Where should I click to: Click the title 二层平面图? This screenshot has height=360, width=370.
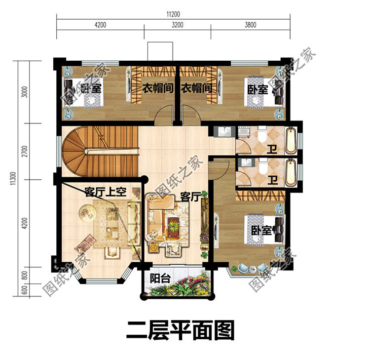tap(181, 330)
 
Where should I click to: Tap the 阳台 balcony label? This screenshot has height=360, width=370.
tap(160, 278)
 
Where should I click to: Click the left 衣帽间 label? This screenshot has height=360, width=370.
tap(157, 89)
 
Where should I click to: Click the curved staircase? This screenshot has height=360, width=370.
tap(89, 148)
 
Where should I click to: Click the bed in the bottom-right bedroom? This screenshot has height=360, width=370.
tap(259, 231)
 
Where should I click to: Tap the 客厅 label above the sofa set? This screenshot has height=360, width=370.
tap(189, 197)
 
